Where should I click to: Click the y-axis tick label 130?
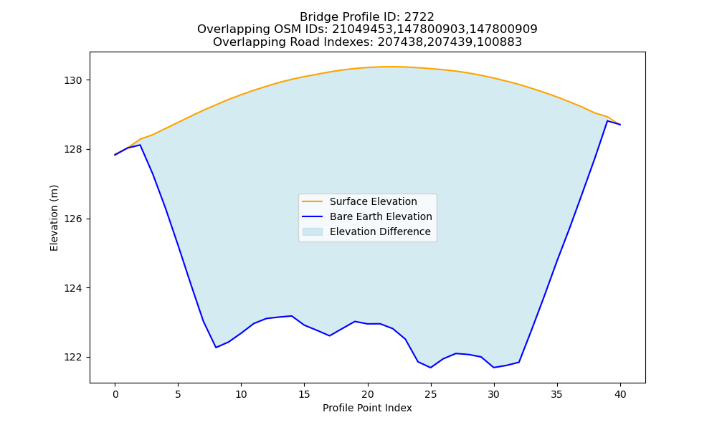point(73,80)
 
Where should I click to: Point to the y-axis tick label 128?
point(73,150)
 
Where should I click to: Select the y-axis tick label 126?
point(73,219)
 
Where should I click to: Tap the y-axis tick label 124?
point(73,288)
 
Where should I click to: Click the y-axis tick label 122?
point(73,358)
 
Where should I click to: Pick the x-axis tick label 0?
point(115,394)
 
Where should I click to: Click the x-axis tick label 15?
point(305,394)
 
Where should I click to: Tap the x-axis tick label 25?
point(431,394)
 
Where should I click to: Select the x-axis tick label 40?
point(620,394)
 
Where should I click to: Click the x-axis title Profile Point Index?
point(367,408)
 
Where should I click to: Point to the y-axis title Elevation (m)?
point(54,218)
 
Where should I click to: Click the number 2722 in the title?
point(419,17)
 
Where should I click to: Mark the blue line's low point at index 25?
point(431,368)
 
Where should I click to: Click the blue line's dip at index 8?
point(216,348)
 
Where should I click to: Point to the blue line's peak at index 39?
point(607,120)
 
